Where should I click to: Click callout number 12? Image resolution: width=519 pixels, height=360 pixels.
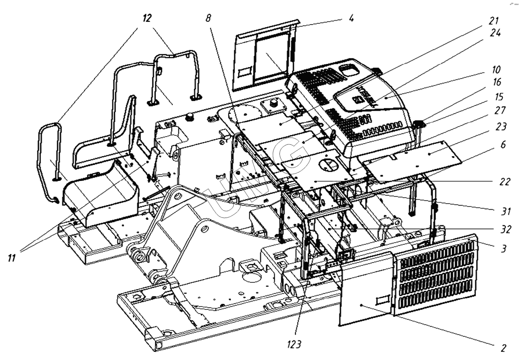coord(147,18)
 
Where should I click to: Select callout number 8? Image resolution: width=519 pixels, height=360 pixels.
coord(208,18)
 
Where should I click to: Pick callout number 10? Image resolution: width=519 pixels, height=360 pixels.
coord(496,70)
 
